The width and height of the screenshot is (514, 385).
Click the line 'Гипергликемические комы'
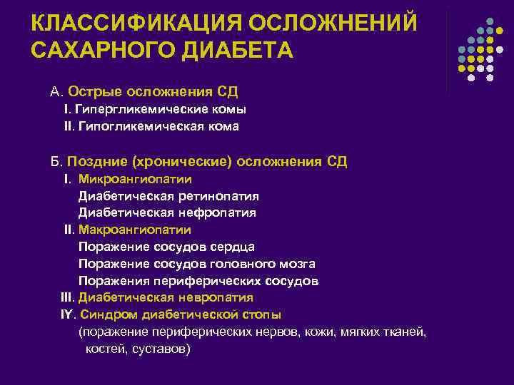pos(161,110)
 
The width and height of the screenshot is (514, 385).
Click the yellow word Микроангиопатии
pos(135,179)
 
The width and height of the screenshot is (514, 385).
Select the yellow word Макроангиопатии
pos(135,230)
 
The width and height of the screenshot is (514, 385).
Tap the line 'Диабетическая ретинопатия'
pos(168,195)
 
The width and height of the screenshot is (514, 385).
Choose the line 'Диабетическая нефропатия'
pos(167,212)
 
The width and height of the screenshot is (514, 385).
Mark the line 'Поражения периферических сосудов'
pos(198,281)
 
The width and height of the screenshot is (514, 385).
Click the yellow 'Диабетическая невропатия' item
pos(166,297)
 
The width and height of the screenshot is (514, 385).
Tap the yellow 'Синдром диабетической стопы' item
pos(181,314)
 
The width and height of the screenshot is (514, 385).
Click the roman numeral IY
pos(67,314)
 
